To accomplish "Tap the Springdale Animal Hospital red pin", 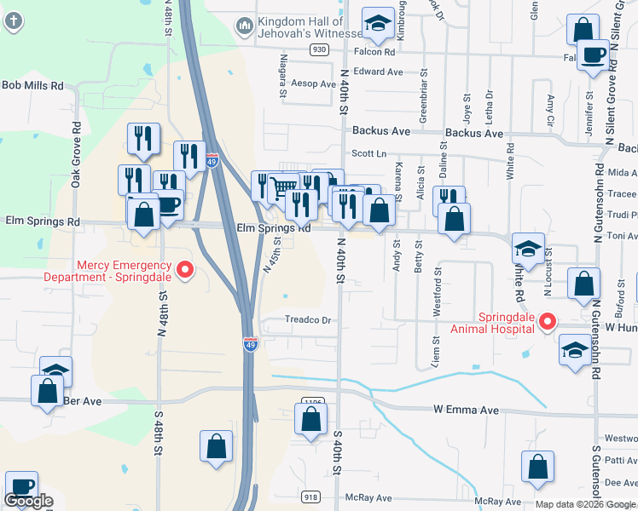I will [x=549, y=323].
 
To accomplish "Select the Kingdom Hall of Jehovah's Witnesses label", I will [x=301, y=27].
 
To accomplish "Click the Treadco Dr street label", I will [x=307, y=320].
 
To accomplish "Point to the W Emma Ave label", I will [x=465, y=411].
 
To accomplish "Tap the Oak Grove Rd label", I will [x=76, y=154].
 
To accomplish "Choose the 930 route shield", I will [x=319, y=50].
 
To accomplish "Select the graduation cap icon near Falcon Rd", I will [x=376, y=25].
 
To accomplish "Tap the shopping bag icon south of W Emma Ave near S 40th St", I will [x=310, y=418].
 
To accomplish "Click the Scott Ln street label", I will [x=369, y=153].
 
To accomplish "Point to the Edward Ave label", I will [x=378, y=72].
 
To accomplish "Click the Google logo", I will [x=28, y=501].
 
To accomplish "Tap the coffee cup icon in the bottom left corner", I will [x=21, y=487].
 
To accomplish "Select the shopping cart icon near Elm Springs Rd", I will [x=285, y=188].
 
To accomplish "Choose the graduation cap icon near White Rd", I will [x=528, y=250].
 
